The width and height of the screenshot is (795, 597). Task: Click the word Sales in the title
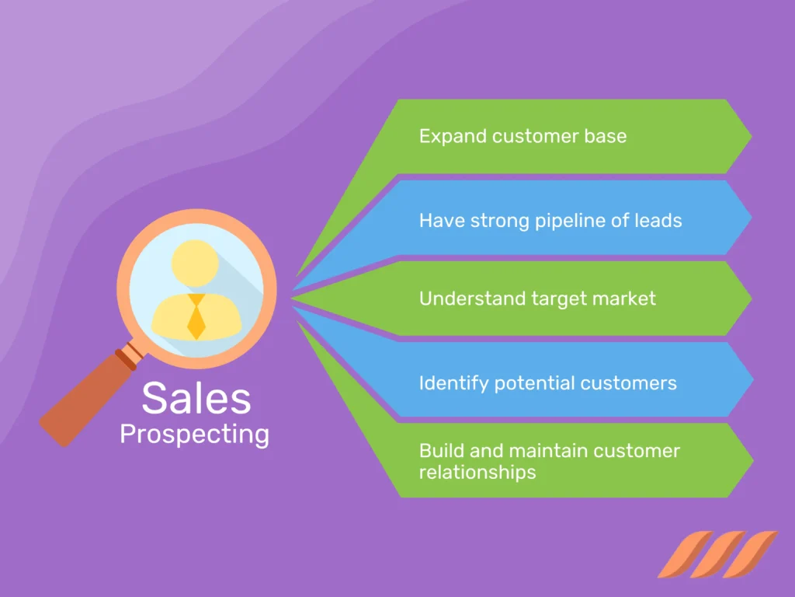[x=196, y=398]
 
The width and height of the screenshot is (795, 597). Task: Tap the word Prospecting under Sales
[x=194, y=435]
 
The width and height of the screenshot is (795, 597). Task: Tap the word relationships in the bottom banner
[x=477, y=472]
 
